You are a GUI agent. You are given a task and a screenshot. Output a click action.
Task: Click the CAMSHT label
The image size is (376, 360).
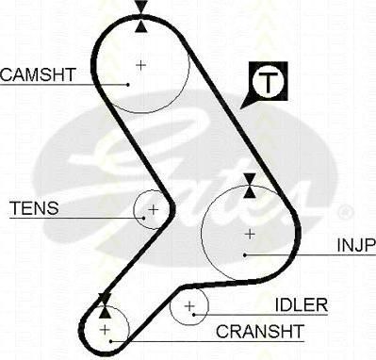(38, 74)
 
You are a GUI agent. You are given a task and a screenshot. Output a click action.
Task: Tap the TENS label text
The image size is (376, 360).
(34, 207)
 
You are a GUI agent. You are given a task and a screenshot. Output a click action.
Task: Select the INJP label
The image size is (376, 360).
(356, 245)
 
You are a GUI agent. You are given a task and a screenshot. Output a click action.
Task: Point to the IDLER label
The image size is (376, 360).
(302, 304)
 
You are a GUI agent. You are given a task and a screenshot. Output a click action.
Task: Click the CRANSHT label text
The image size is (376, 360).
(260, 331)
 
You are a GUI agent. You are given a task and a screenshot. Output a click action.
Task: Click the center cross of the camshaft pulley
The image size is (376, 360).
(141, 65)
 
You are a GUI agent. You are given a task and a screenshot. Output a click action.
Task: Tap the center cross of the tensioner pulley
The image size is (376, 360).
(154, 209)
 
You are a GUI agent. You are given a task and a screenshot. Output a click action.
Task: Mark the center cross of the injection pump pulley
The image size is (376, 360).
(250, 234)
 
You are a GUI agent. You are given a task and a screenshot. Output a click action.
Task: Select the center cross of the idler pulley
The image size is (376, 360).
(189, 305)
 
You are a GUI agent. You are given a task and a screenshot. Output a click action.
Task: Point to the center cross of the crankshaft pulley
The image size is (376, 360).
(105, 330)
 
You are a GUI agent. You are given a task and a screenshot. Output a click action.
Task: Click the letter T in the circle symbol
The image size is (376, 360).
(268, 82)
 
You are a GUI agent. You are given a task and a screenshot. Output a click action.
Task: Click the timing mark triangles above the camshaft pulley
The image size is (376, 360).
(141, 16)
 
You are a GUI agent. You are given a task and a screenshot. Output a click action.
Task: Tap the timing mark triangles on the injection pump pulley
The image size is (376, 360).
(250, 186)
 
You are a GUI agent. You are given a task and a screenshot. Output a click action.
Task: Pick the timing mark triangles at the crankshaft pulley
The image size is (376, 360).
(105, 305)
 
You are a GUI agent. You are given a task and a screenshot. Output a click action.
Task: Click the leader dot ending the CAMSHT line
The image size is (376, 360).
(128, 84)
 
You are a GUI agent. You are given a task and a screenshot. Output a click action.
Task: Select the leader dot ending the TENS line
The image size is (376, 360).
(143, 218)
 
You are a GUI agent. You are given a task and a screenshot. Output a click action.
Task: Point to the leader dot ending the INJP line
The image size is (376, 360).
(245, 254)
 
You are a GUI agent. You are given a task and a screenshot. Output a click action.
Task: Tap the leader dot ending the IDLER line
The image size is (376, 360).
(194, 314)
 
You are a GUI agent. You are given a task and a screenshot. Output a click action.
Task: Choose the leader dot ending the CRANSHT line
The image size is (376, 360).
(110, 341)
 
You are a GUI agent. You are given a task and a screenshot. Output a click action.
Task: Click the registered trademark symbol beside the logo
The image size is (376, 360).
(345, 212)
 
